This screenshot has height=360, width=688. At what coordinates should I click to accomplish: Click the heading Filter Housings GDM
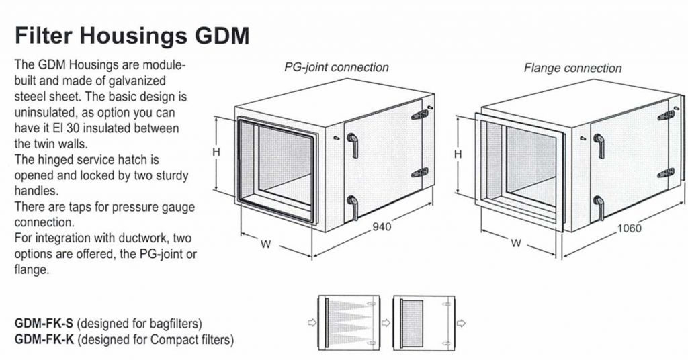click(132, 36)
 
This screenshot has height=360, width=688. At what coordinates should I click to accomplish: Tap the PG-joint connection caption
click(337, 68)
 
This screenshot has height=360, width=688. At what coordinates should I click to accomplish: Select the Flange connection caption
click(572, 68)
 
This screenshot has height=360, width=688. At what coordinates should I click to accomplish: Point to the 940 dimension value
click(382, 226)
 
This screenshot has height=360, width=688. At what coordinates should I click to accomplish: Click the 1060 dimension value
click(629, 228)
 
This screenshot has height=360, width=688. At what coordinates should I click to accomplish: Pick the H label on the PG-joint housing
click(216, 152)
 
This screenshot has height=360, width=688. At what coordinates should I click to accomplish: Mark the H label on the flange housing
click(458, 154)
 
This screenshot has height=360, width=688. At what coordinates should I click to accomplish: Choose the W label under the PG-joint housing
click(266, 244)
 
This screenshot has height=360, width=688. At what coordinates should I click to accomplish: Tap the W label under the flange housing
click(517, 243)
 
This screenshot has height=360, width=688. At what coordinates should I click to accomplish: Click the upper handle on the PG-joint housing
click(353, 145)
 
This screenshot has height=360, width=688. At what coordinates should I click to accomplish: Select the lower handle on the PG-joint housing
click(353, 208)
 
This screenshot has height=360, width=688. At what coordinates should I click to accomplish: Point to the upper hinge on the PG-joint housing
click(419, 115)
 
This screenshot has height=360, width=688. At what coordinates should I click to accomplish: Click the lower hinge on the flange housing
click(666, 173)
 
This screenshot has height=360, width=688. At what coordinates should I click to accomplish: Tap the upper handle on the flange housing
click(599, 146)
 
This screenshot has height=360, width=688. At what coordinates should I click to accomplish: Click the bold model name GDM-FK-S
click(44, 324)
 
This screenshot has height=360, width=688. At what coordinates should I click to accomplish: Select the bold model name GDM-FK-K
click(44, 339)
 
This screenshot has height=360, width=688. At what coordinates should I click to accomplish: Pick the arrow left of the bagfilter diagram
click(312, 323)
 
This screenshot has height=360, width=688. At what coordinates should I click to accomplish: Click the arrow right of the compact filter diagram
click(461, 323)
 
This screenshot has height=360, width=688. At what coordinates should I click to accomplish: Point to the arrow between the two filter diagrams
click(386, 323)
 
